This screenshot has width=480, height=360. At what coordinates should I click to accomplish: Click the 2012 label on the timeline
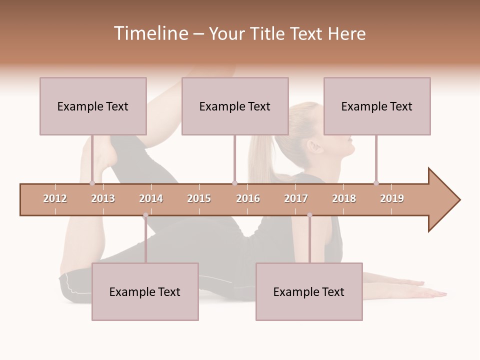(55, 198)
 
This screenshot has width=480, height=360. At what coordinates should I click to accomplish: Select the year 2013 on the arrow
(103, 198)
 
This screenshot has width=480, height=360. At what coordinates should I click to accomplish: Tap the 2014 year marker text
(151, 198)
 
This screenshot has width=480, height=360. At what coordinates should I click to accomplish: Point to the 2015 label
(199, 198)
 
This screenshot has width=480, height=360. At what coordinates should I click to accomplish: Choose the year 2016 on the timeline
(248, 198)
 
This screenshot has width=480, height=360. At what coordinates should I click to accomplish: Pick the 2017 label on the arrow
(296, 198)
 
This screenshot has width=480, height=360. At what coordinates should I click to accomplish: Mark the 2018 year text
(344, 198)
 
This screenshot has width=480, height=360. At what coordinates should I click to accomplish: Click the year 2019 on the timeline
(392, 198)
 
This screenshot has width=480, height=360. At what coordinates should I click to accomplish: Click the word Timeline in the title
(150, 33)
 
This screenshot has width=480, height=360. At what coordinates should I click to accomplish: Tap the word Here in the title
(346, 33)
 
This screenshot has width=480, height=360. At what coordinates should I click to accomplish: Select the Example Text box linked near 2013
(93, 106)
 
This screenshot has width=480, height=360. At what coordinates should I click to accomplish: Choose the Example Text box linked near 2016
(235, 106)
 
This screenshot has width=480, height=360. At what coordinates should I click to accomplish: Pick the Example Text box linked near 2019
(377, 106)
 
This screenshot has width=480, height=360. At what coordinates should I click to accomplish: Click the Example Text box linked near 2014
(145, 291)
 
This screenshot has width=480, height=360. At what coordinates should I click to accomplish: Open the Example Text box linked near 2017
(309, 291)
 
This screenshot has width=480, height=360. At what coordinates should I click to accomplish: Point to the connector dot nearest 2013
(92, 183)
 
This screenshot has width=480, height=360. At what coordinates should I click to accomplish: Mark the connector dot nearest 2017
(309, 215)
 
